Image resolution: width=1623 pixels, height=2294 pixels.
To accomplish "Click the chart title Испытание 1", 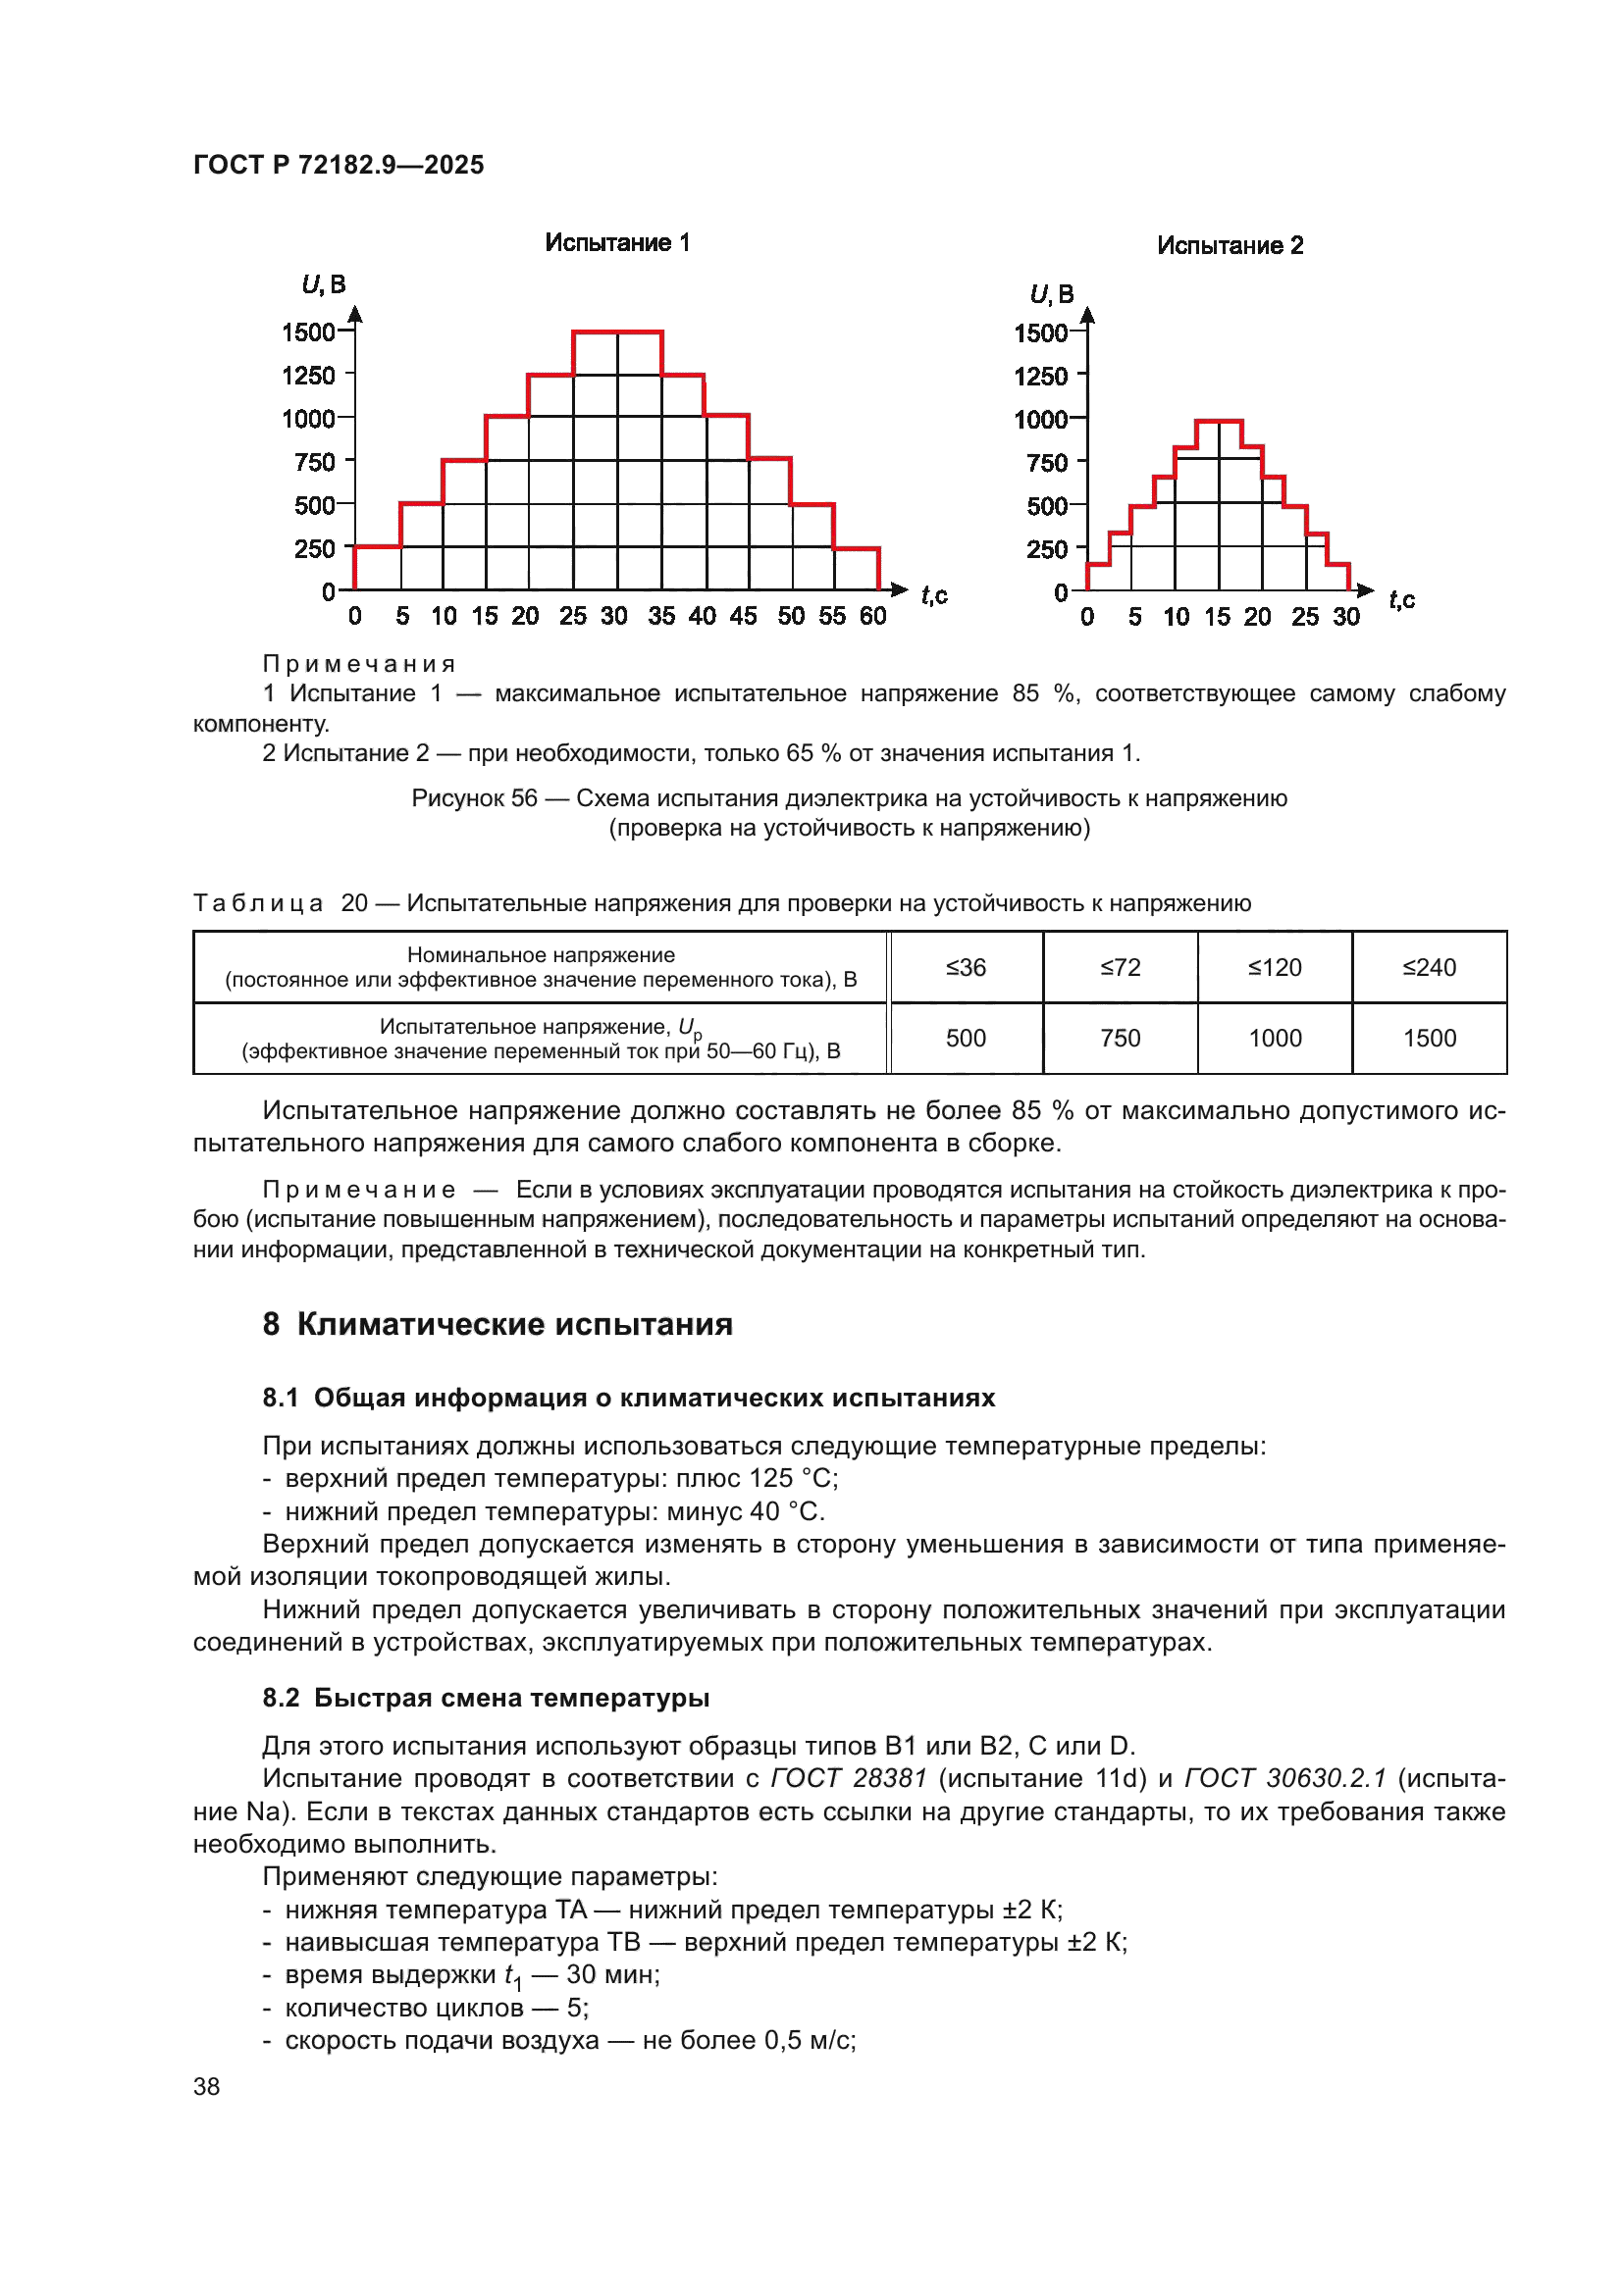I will click(x=616, y=243).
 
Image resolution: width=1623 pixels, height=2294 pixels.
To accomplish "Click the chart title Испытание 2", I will click(x=1230, y=246).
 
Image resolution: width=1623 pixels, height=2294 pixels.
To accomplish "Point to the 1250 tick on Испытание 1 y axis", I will click(x=309, y=376).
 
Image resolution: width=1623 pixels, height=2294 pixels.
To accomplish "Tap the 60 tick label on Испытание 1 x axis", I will click(x=872, y=617).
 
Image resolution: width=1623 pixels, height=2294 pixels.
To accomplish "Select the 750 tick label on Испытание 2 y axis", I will click(x=1046, y=463).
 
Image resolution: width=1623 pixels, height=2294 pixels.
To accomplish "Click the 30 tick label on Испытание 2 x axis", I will click(x=1345, y=618).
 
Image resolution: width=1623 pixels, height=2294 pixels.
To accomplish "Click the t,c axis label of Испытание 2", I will click(x=1401, y=599).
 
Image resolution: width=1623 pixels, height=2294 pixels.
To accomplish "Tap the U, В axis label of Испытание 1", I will click(x=324, y=284).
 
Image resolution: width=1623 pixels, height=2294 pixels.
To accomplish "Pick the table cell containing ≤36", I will click(x=966, y=967).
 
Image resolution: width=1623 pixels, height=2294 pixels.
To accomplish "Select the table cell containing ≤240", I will click(x=1429, y=967).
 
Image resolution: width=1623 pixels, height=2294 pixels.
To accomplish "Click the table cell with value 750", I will click(x=1120, y=1038).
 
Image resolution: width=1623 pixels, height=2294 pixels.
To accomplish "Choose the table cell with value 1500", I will click(x=1429, y=1038).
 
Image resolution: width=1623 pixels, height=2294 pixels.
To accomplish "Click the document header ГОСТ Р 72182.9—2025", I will click(x=338, y=165).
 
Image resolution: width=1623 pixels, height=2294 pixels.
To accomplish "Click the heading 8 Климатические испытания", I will click(x=497, y=1324).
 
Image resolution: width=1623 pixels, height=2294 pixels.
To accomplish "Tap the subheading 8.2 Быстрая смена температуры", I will click(x=486, y=1698).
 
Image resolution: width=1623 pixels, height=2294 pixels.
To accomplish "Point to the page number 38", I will click(x=206, y=2086).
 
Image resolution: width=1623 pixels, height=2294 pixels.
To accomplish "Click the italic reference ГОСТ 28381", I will click(x=849, y=1779).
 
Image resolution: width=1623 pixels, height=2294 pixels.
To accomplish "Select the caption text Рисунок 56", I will click(x=474, y=798).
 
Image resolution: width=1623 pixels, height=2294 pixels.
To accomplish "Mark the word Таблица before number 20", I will click(x=258, y=903).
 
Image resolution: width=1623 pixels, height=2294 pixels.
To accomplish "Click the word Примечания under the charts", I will click(x=359, y=664).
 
